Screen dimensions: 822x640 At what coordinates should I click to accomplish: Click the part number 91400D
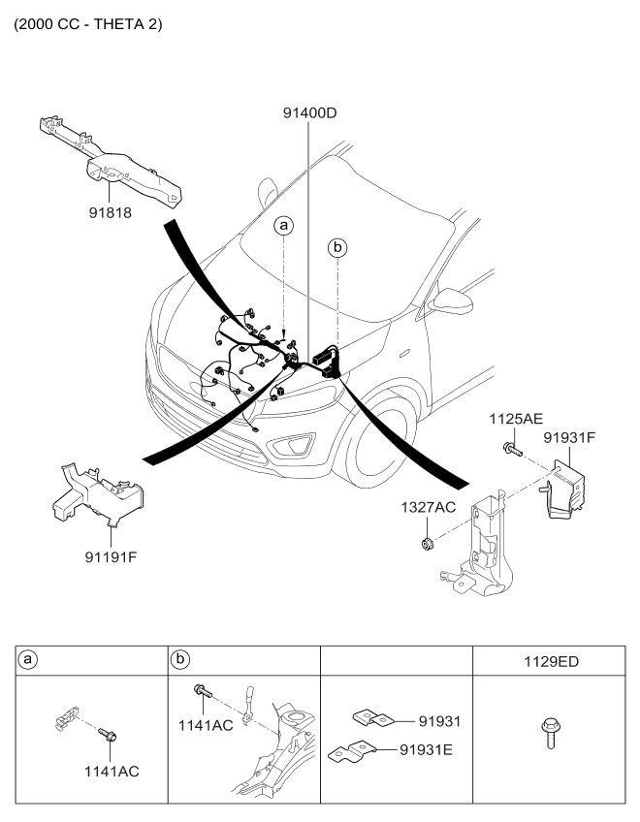pos(304,114)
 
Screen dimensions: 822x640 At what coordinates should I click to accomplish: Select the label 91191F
pos(110,557)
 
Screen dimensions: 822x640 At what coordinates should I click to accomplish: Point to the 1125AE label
pos(515,420)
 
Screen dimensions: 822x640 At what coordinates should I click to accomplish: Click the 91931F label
pos(569,437)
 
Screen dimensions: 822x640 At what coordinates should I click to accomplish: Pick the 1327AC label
pos(429,506)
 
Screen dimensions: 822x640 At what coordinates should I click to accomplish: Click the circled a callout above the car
pos(283,226)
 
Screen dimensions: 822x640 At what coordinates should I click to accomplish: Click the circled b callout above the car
pos(337,248)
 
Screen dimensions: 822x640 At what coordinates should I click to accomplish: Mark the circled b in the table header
pos(180,660)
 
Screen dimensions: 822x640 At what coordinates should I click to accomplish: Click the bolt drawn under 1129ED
pos(548,738)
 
